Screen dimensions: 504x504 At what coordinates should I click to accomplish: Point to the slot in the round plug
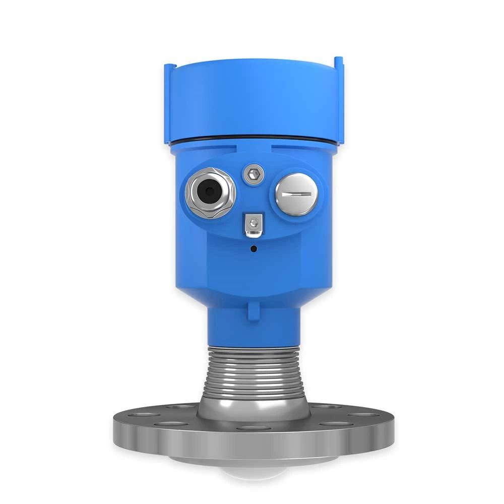pyautogui.click(x=296, y=194)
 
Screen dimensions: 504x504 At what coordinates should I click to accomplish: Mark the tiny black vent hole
pyautogui.click(x=253, y=248)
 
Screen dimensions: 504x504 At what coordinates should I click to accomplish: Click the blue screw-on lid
pyautogui.click(x=252, y=101)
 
